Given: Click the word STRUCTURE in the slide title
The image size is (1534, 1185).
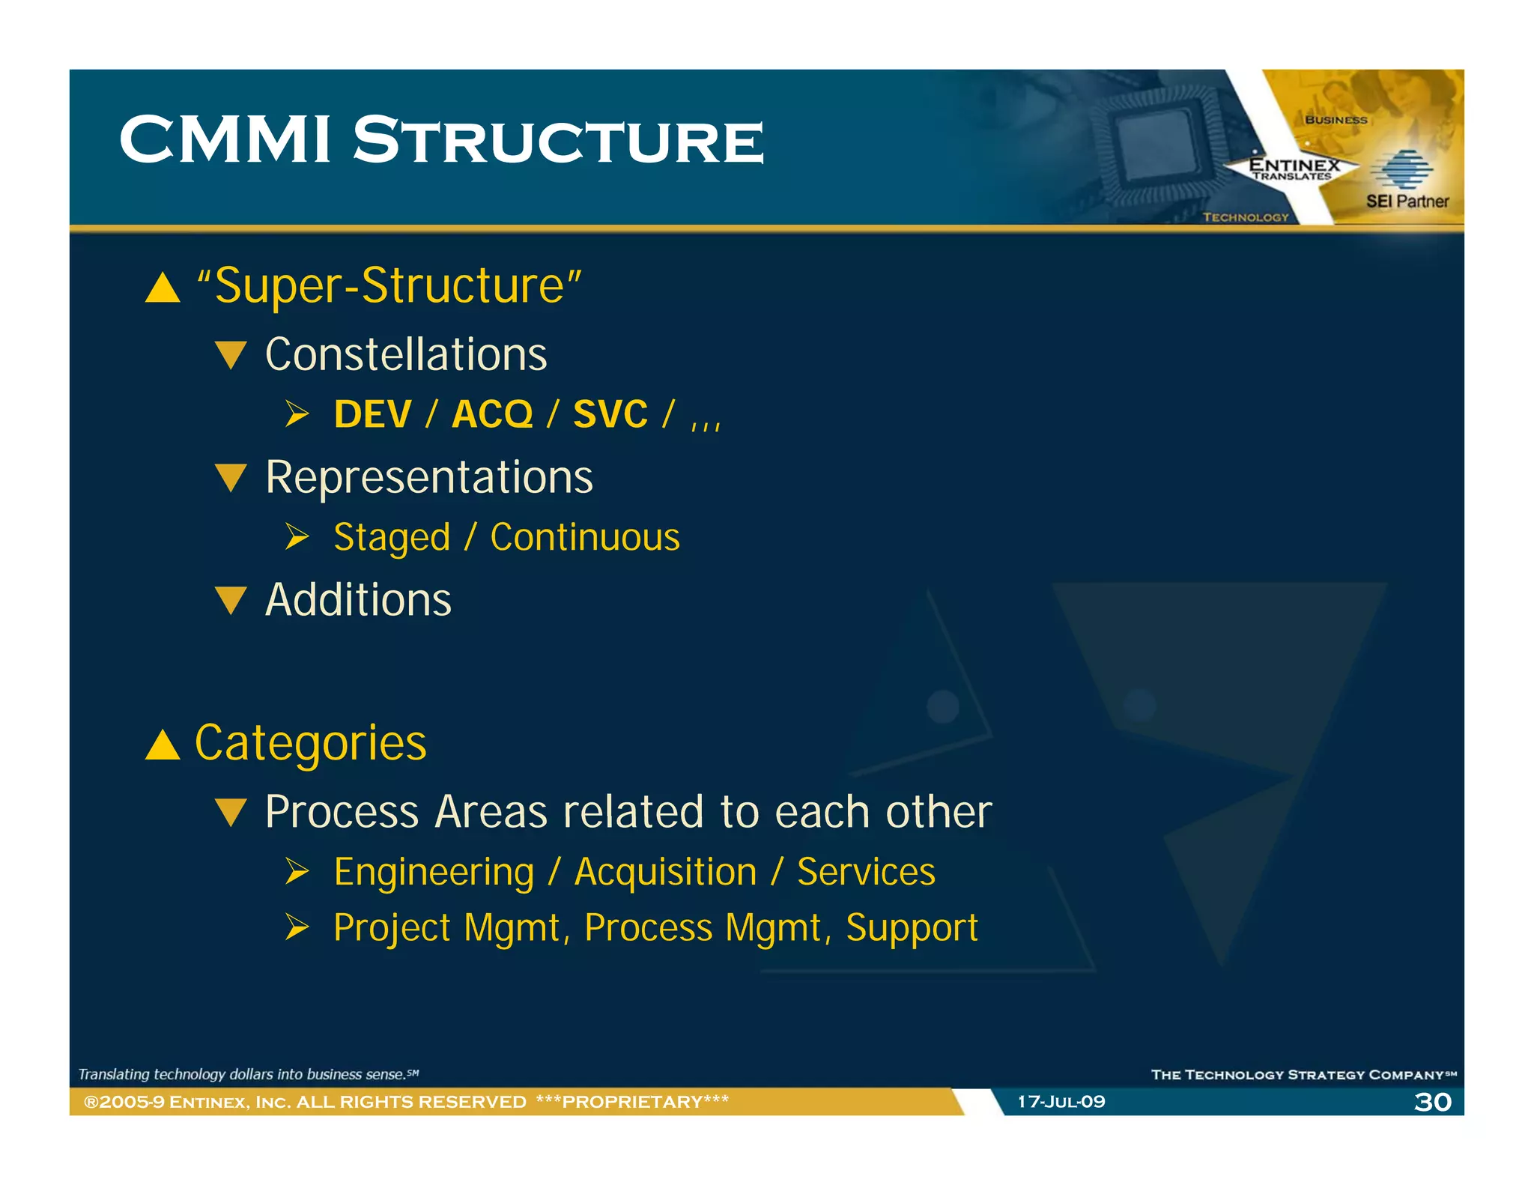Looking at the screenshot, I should click(558, 141).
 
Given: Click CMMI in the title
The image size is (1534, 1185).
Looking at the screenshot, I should click(225, 141).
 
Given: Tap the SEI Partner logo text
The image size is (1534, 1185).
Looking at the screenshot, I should click(1407, 201).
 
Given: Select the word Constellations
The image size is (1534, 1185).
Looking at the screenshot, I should click(406, 354).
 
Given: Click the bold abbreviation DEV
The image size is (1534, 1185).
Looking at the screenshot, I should click(372, 414).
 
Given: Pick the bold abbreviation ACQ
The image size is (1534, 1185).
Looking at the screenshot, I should click(492, 414).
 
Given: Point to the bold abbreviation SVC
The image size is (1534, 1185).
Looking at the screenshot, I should click(610, 414).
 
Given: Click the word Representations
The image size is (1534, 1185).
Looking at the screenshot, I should click(428, 477).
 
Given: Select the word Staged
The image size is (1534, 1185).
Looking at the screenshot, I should click(392, 538).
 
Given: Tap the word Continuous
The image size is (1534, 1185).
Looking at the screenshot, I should click(584, 538).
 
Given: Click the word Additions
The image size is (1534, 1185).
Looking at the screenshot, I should click(358, 600).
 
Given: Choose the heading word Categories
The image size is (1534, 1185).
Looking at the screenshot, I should click(310, 743).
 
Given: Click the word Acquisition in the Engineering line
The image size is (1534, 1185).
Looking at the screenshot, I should click(665, 872).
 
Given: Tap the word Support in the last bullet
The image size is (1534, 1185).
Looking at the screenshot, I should click(912, 928).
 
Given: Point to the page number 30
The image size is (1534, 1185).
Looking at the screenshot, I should click(1432, 1102).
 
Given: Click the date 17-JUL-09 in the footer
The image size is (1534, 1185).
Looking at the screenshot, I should click(1061, 1102).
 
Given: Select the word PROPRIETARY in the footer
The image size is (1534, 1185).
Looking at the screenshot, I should click(632, 1102).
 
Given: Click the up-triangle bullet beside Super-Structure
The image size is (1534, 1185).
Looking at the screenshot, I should click(163, 288).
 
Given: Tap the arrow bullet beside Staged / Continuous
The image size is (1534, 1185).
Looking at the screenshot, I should click(297, 537).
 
